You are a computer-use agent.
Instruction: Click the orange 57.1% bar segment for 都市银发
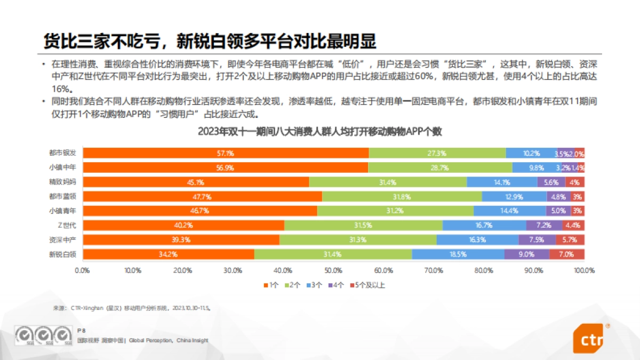coord(226,154)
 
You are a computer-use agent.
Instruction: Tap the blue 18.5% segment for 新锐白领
coord(458,254)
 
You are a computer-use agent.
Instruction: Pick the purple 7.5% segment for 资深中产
coord(537,240)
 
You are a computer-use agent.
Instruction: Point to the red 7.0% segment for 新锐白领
coord(566,254)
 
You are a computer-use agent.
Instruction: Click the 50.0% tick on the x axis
coord(333,270)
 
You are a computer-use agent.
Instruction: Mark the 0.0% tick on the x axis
coord(83,270)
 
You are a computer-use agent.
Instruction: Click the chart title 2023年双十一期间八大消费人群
coord(319,131)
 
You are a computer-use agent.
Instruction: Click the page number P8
coord(81,331)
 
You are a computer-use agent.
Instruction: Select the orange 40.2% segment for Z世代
coord(183,226)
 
